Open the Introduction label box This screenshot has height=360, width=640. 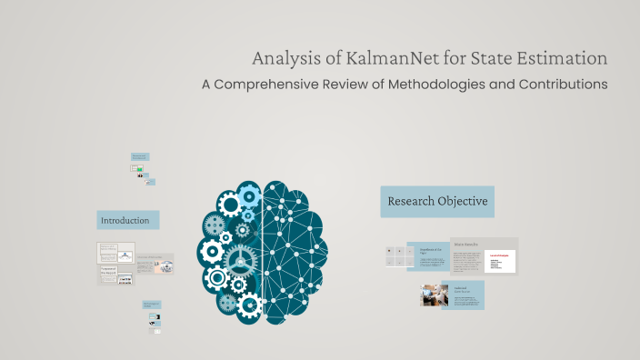[x=128, y=220]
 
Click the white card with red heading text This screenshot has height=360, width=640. [x=500, y=261]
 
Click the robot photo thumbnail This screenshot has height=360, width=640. [x=431, y=295]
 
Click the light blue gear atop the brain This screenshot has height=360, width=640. [x=248, y=194]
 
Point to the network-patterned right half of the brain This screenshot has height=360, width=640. [x=295, y=250]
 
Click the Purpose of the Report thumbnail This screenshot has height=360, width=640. [x=115, y=272]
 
